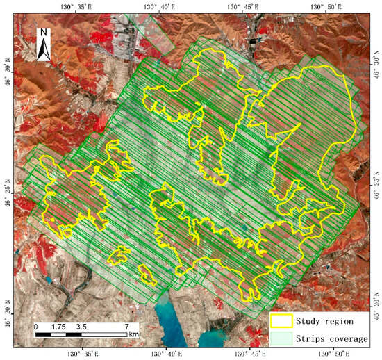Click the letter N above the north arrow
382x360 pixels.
click(44, 32)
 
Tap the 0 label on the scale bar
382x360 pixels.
click(35, 325)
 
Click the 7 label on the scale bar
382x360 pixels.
click(126, 325)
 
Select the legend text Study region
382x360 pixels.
click(324, 321)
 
